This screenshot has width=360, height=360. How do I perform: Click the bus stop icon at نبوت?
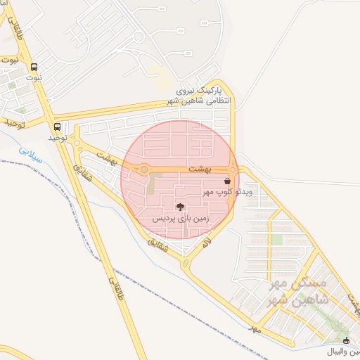point(34,67)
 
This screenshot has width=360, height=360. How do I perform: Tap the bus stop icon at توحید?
point(57,127)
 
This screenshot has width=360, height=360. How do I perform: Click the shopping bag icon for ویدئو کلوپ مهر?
point(226,181)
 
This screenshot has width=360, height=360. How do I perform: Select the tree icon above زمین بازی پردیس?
point(181,207)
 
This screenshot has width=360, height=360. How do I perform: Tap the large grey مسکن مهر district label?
point(298,292)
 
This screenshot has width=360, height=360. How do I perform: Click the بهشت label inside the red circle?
point(200,169)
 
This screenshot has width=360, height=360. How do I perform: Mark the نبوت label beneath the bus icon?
point(34,77)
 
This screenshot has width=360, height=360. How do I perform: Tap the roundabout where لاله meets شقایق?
point(186,264)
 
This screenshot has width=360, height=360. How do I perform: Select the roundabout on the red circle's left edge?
point(143,169)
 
